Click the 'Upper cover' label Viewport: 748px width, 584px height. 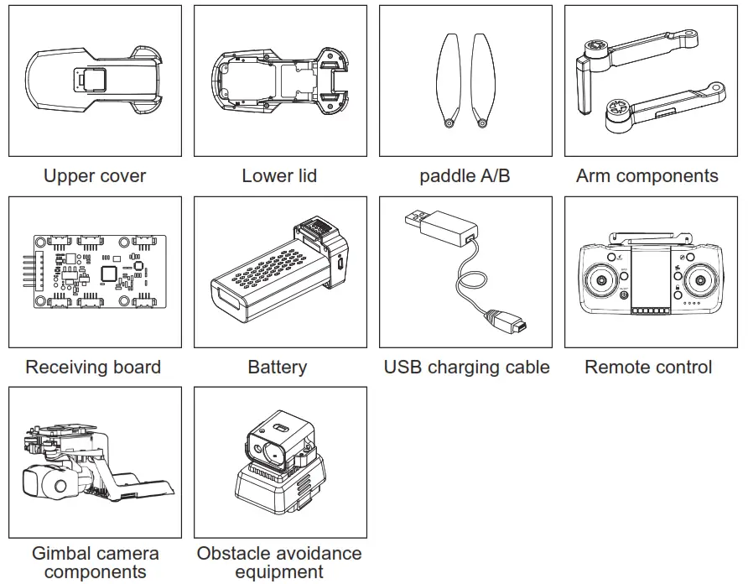[95, 176]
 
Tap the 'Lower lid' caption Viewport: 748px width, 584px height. [279, 176]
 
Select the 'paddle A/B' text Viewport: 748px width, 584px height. [465, 176]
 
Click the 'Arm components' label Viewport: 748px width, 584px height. [647, 176]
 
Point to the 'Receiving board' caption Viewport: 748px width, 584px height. [93, 368]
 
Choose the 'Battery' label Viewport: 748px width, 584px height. [278, 368]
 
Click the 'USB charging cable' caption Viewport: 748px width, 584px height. [466, 368]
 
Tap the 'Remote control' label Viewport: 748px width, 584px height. [648, 368]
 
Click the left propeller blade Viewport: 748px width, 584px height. [449, 80]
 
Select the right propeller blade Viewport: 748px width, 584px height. [482, 80]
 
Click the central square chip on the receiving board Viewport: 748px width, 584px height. [109, 273]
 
